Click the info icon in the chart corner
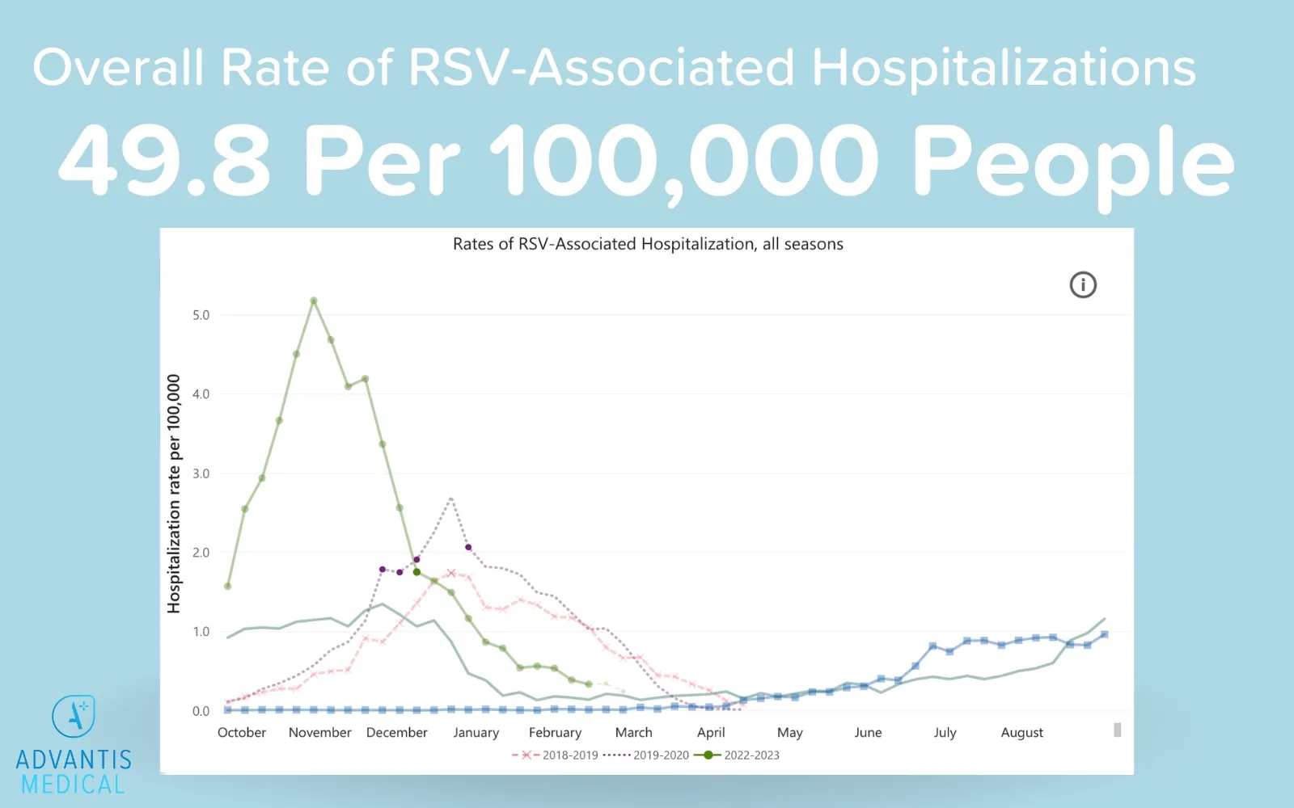pos(1083,284)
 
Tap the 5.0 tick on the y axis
pos(201,315)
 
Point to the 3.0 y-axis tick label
pos(201,473)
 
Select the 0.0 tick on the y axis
pos(201,711)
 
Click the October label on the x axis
pos(241,732)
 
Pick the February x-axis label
pos(555,732)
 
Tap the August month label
pos(1021,732)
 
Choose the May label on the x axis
pos(789,732)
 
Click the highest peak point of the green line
pos(314,301)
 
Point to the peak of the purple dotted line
pos(450,499)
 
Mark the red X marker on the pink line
pos(451,574)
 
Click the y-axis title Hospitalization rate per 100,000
pos(174,494)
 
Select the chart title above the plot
pos(648,244)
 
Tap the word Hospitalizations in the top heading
pos(1003,67)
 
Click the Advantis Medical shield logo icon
pos(74,716)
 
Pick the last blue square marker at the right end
pos(1104,634)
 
